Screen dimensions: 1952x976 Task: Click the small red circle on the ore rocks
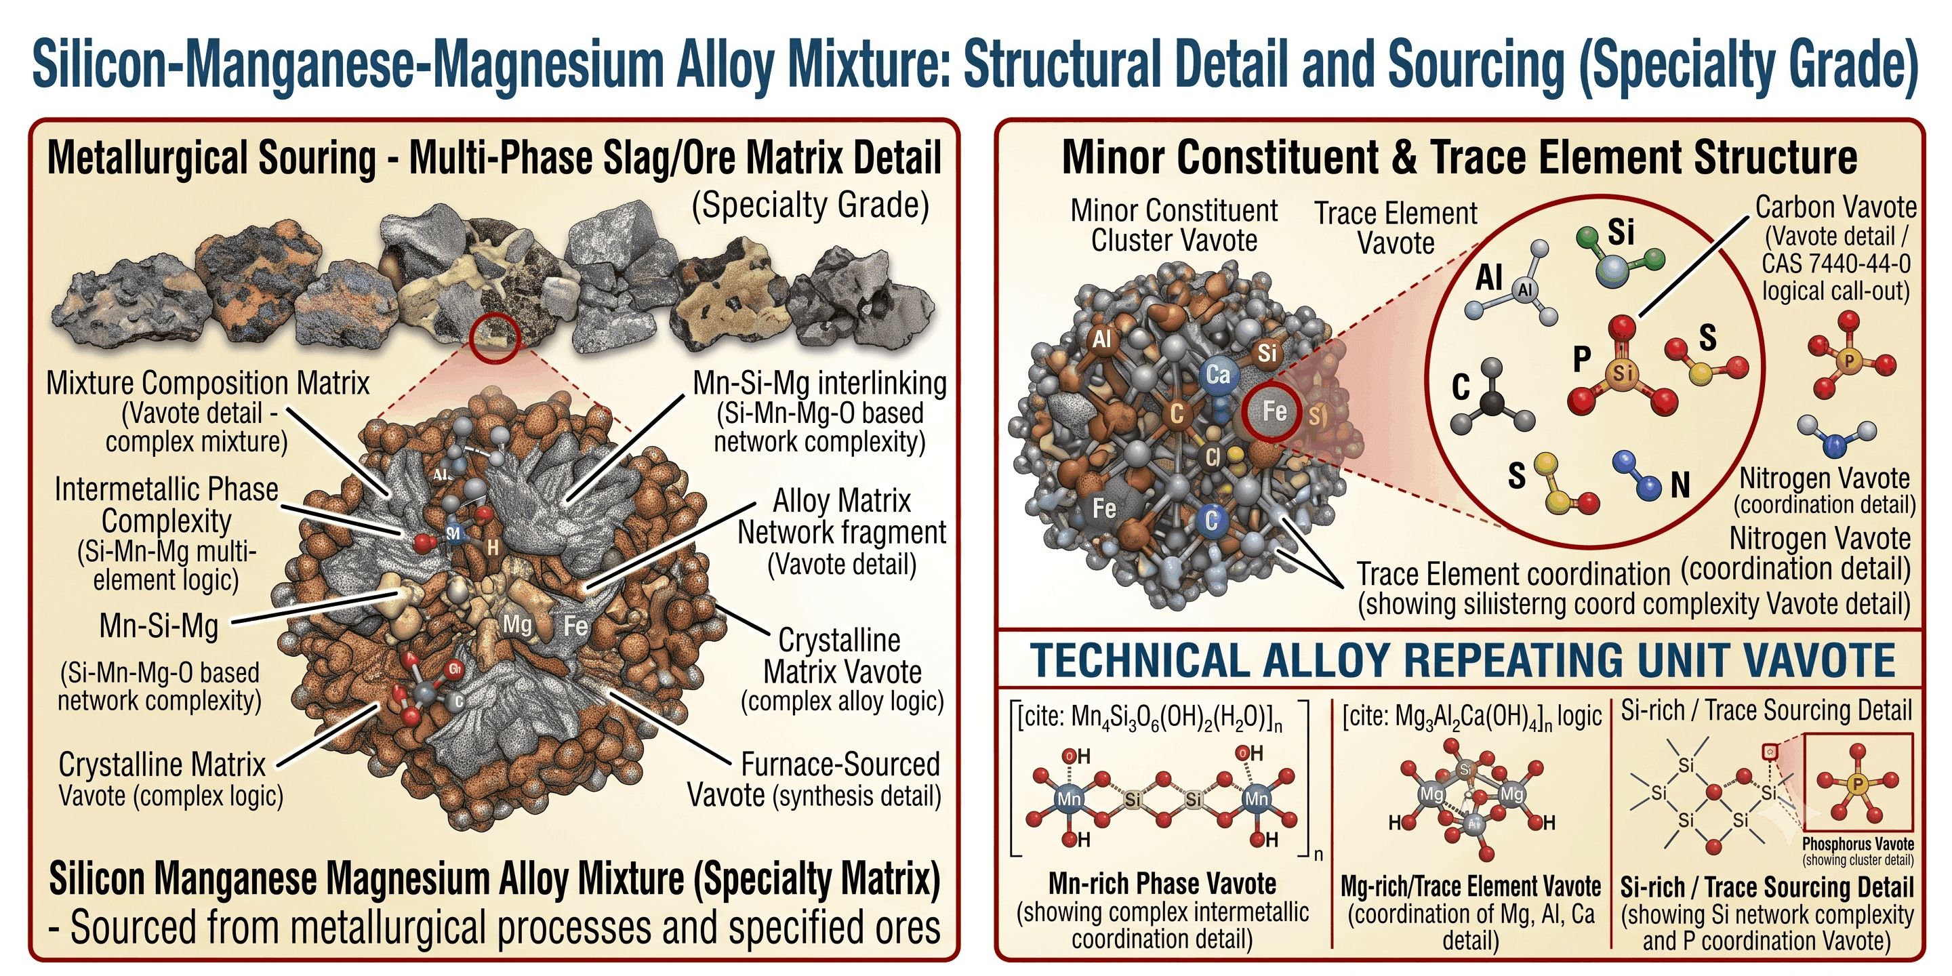pos(494,338)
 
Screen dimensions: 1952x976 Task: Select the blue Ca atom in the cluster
pos(1218,373)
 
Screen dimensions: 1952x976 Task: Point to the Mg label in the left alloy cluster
pos(518,624)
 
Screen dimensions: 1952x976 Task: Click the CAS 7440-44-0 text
pos(1835,264)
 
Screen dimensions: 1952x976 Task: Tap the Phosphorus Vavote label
pos(1858,843)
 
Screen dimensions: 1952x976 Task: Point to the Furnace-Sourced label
pos(840,764)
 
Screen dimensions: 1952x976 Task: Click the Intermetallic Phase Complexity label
pos(167,505)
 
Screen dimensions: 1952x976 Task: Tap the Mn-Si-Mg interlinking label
pos(820,384)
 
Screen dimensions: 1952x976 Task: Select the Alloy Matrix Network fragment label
pos(842,516)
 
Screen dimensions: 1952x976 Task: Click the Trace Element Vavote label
pos(1396,228)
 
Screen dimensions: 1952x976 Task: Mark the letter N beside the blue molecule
pos(1680,485)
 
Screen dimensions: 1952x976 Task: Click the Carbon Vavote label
pos(1836,207)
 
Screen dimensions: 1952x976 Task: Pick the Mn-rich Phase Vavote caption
pos(1162,884)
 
